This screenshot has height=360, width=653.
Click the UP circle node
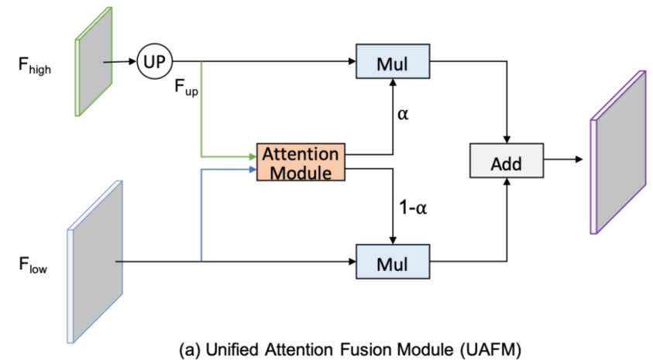coord(154,62)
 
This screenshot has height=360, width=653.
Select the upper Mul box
coord(393,61)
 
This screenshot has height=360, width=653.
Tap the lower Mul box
coord(393,262)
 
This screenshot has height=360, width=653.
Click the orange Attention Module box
coord(301,163)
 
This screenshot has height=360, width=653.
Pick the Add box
coord(507,161)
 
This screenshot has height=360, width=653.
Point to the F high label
coord(35,66)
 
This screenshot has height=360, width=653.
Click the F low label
coord(33,265)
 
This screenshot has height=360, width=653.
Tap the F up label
coord(186,87)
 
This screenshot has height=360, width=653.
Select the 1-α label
coord(413,207)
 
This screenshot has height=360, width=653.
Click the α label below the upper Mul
coord(403,114)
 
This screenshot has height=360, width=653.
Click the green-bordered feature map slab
coord(94,62)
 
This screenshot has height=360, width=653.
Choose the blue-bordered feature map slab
coord(95,262)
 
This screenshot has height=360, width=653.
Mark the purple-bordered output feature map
coord(618,153)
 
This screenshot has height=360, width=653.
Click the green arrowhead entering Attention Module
coord(253,157)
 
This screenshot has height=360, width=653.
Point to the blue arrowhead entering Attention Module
coord(253,170)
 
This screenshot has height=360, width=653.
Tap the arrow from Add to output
coord(563,159)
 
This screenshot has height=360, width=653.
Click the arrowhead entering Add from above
coord(507,139)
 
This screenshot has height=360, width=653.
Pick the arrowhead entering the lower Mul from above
coord(393,241)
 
